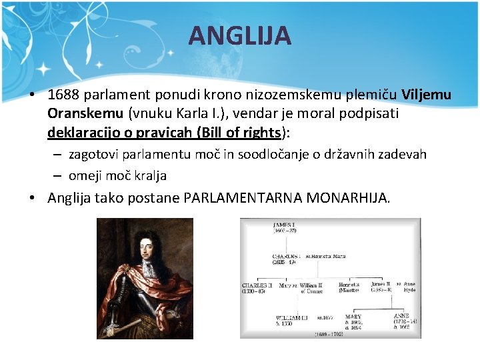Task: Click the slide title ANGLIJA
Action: (x=239, y=35)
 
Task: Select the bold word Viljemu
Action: (x=427, y=95)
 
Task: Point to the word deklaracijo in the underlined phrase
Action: (x=83, y=132)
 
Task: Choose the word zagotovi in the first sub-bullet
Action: (x=94, y=155)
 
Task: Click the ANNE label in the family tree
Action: (x=403, y=315)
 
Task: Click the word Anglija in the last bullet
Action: (x=70, y=198)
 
